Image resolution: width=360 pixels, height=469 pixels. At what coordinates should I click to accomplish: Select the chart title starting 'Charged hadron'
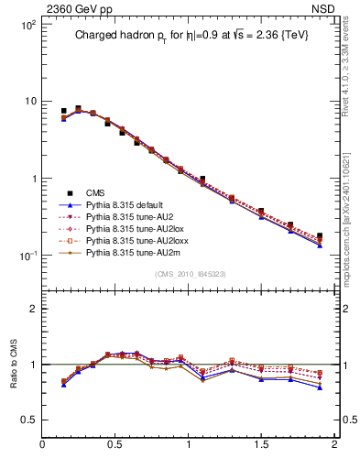coord(189,37)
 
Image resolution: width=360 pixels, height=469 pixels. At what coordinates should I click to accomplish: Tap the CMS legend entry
coord(95,192)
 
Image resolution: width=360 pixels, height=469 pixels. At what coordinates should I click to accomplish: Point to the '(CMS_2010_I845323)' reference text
coord(189,274)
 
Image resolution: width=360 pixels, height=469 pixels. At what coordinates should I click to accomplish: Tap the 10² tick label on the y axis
coord(27,25)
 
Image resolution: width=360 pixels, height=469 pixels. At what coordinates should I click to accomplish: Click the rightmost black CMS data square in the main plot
coord(319,236)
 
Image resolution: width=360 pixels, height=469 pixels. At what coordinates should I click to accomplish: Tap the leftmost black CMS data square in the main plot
coord(63,111)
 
